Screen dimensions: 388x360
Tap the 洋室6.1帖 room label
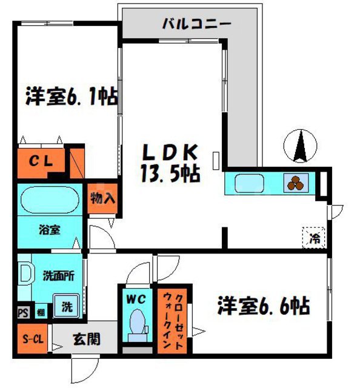click(x=71, y=97)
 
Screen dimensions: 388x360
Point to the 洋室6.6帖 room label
click(x=264, y=306)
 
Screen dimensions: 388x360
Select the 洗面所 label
click(x=58, y=275)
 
